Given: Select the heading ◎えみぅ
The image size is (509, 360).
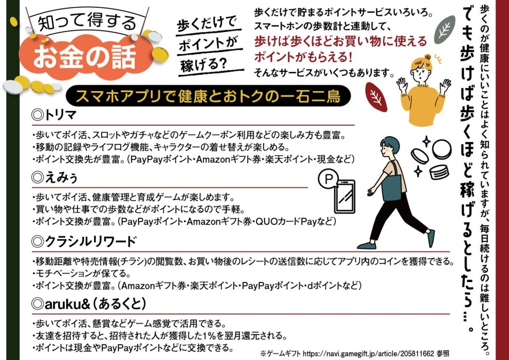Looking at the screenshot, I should pyautogui.click(x=52, y=177).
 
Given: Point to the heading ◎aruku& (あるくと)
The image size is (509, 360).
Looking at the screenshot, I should pyautogui.click(x=89, y=302).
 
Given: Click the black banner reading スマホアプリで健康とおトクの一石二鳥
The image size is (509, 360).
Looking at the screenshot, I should pyautogui.click(x=209, y=95).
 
